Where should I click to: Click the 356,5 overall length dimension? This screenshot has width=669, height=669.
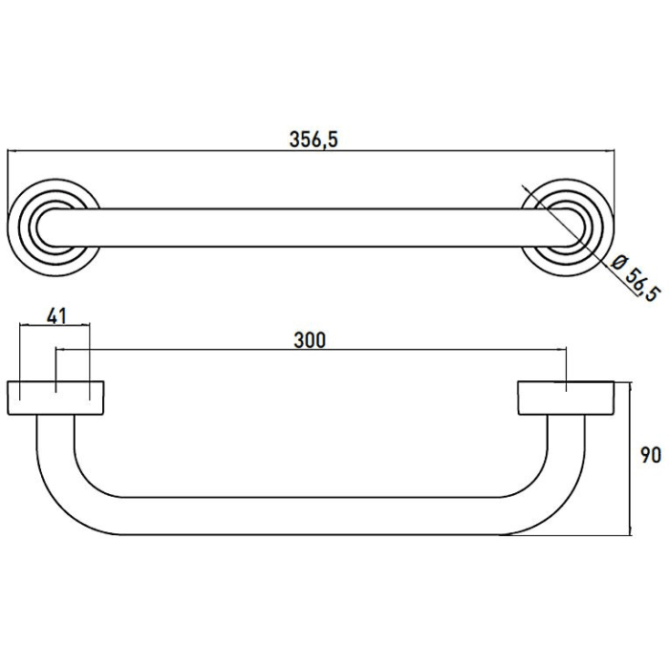click(x=313, y=139)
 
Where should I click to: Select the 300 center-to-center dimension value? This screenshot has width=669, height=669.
click(x=311, y=340)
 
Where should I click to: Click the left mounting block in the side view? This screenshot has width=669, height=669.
click(x=55, y=398)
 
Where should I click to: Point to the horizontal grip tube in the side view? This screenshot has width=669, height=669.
click(x=311, y=516)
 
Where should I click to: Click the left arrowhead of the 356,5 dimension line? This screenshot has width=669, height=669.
click(x=13, y=152)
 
